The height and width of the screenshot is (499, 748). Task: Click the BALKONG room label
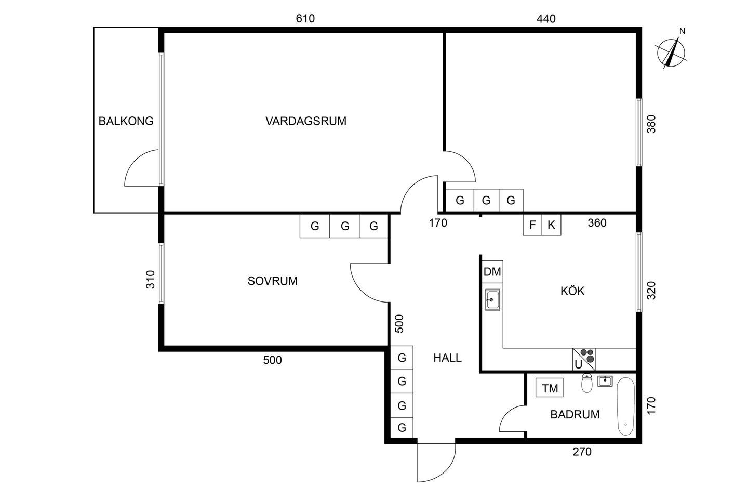(126, 121)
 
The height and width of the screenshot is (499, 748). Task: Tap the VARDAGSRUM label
(306, 121)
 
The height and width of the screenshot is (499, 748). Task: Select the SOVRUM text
(273, 281)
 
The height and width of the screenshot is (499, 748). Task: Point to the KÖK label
(572, 291)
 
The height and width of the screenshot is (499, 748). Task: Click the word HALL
(447, 358)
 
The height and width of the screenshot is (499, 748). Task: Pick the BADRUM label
(575, 414)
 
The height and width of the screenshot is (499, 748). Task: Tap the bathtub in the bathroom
(626, 406)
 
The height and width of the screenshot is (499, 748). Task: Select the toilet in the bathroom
(587, 383)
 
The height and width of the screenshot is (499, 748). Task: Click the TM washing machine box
(550, 388)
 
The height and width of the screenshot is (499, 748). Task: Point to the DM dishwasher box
(492, 272)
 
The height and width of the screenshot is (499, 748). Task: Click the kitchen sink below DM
(492, 300)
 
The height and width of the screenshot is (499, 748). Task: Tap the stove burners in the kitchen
(587, 356)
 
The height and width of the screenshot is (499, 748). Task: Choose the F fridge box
(532, 225)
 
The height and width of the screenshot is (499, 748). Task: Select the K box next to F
(551, 225)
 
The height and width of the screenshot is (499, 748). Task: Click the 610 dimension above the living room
(305, 18)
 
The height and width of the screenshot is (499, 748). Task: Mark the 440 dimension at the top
(546, 19)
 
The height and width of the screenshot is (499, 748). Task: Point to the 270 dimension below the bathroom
(582, 452)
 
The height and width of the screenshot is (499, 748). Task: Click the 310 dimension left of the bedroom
(151, 280)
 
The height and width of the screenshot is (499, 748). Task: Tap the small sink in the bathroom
(605, 381)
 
